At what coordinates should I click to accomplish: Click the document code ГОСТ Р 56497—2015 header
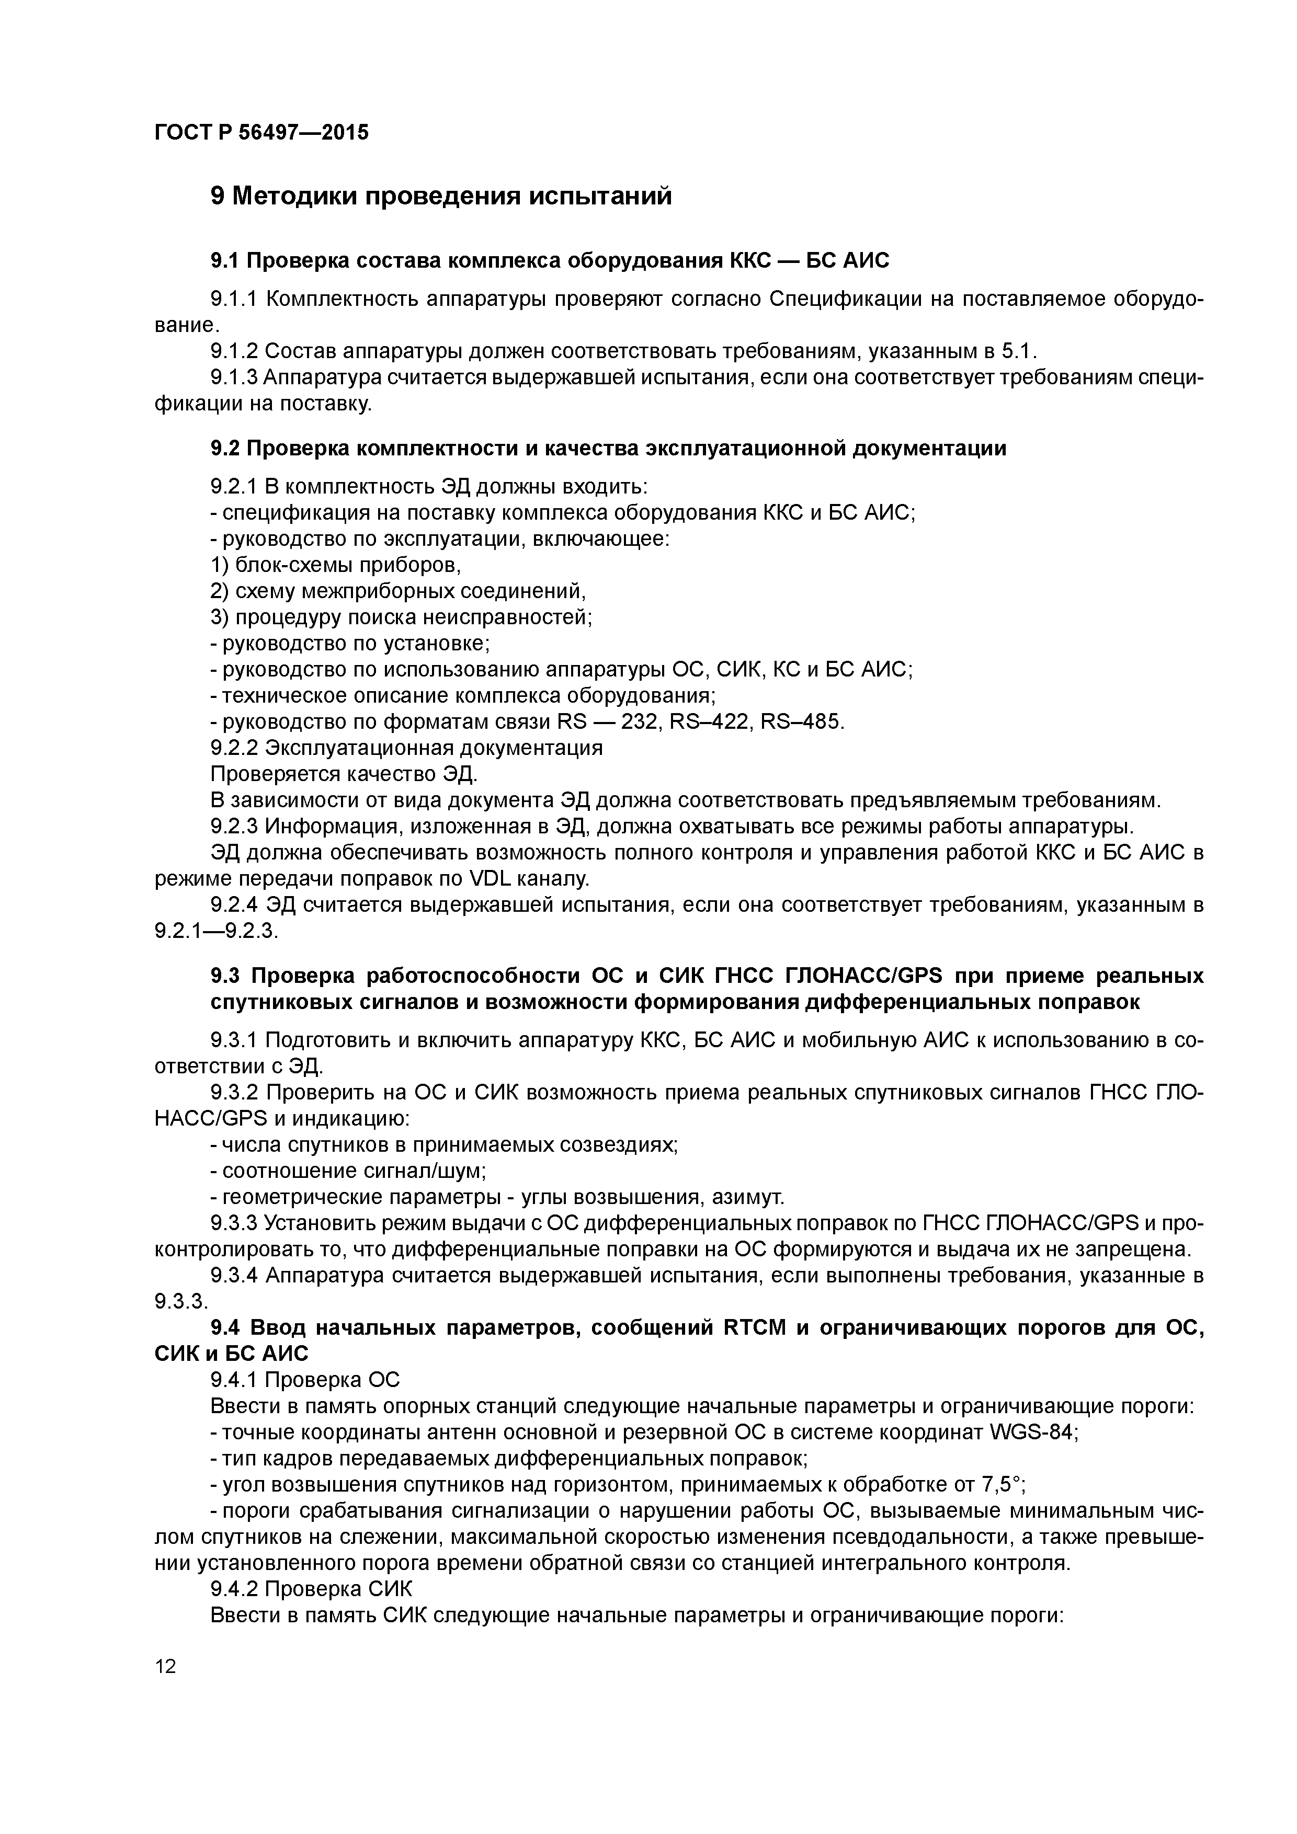tap(261, 133)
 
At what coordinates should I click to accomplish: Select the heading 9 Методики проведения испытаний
tap(440, 196)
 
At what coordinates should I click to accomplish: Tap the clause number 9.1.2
tap(234, 351)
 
